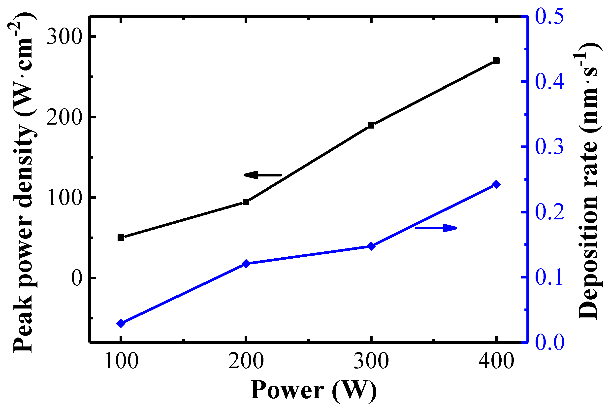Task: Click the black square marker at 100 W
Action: [121, 238]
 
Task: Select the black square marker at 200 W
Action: [246, 202]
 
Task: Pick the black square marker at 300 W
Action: [371, 125]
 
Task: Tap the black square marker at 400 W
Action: [496, 61]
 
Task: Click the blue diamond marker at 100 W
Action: [121, 323]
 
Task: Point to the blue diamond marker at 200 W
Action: [246, 264]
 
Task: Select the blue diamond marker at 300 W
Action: [371, 246]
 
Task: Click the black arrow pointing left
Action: [262, 175]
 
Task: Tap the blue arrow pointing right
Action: [436, 228]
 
